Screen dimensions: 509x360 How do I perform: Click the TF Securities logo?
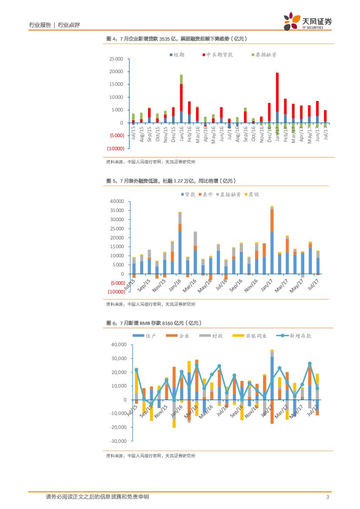pos(307,21)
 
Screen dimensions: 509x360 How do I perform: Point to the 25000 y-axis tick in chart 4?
pos(116,59)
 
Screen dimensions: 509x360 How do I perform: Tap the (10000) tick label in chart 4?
pos(115,148)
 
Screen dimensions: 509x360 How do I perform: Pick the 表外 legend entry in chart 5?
pos(205,195)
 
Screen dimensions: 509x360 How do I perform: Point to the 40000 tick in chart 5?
pos(117,202)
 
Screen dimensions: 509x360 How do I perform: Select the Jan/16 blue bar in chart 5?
pos(180,253)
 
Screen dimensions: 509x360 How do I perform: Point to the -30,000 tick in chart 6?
pos(118,441)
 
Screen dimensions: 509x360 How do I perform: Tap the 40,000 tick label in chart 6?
pos(118,344)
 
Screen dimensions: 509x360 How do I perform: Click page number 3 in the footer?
pos(327,497)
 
